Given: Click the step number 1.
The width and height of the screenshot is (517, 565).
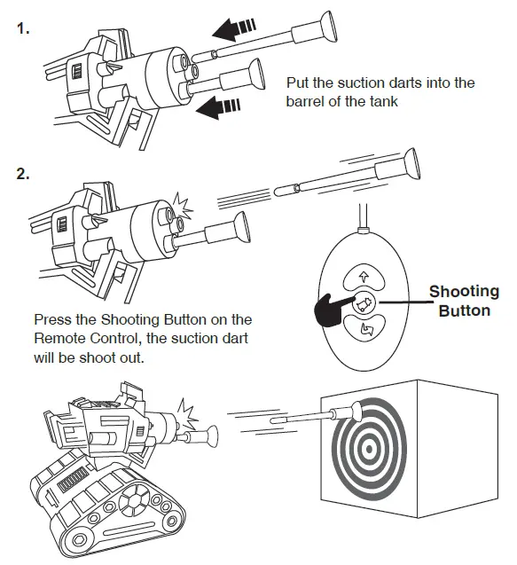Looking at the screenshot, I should tap(22, 28).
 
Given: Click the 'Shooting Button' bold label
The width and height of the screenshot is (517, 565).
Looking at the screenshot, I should tap(464, 301).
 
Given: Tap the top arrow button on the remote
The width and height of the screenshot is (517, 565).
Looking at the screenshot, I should tap(363, 277).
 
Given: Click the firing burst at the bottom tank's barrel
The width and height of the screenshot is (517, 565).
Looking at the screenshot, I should tap(189, 411).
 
